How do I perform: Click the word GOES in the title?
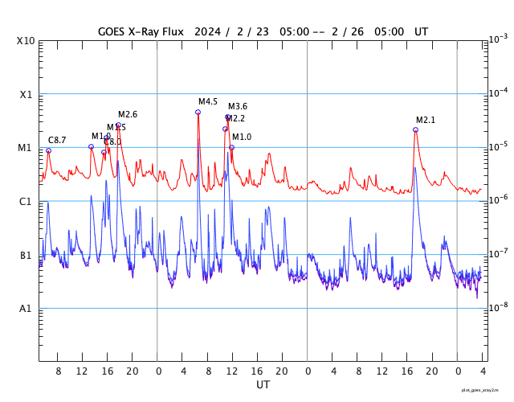(x=112, y=31)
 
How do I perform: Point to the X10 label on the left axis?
(x=26, y=41)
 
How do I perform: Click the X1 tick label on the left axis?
(x=27, y=94)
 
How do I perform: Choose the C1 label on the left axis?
(x=27, y=202)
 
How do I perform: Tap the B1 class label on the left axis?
(x=27, y=256)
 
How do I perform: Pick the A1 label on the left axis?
(x=27, y=309)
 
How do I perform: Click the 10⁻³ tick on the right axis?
(x=497, y=39)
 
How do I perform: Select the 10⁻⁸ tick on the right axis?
(x=497, y=306)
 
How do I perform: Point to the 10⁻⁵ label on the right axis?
(x=497, y=146)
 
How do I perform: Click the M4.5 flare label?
(x=208, y=101)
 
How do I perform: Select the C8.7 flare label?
(x=57, y=140)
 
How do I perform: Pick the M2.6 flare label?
(x=128, y=114)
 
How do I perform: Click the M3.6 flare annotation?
(x=238, y=106)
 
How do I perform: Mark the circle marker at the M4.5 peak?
(x=198, y=112)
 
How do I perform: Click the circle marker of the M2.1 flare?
(x=415, y=129)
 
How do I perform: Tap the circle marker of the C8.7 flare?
(x=48, y=150)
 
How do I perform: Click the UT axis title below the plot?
(x=263, y=384)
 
